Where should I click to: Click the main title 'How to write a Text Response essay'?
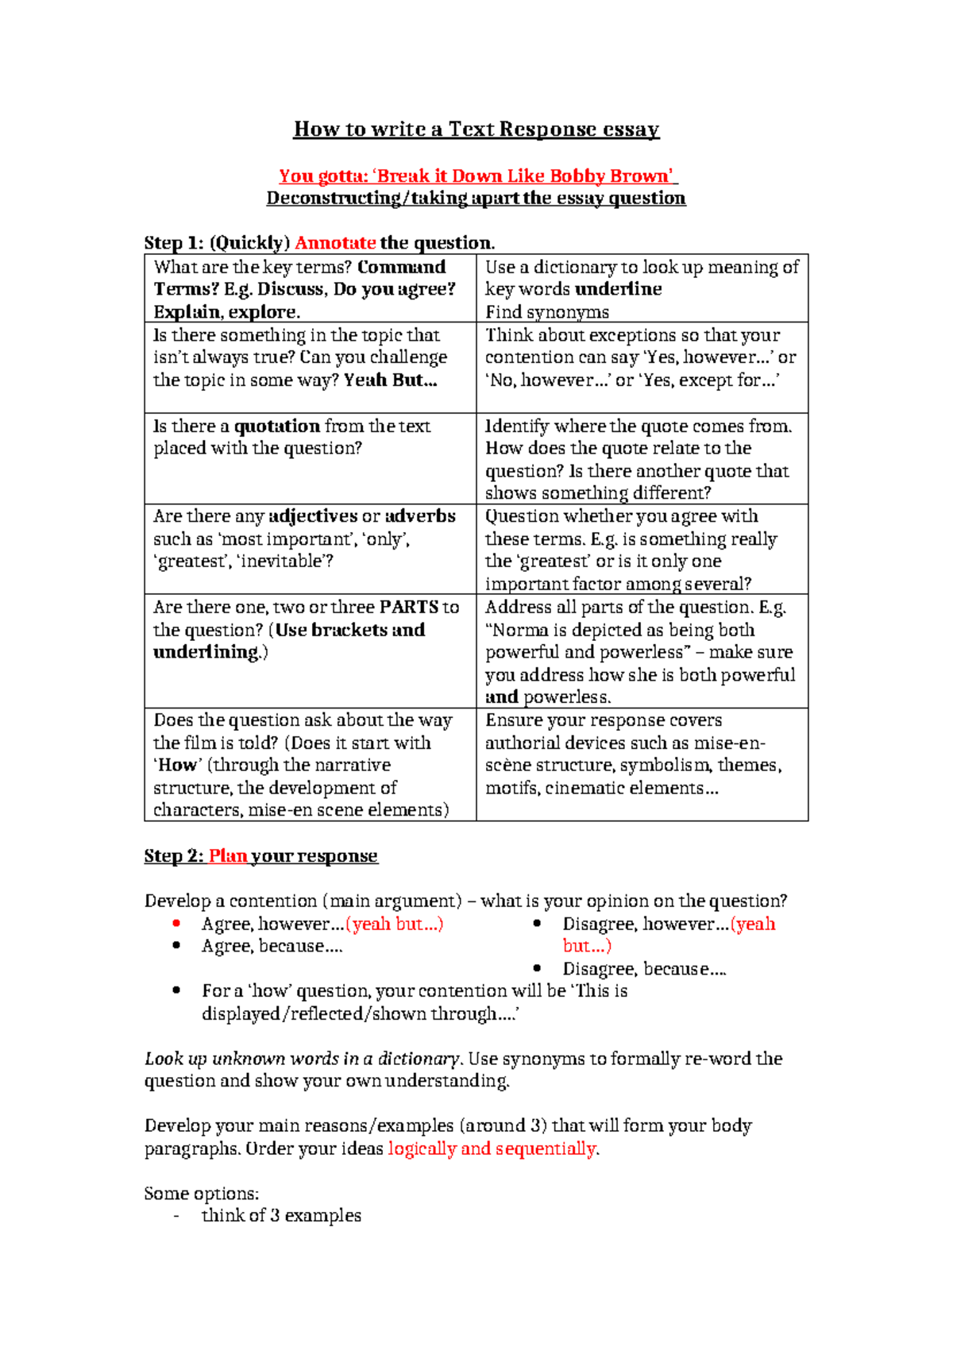[x=476, y=129]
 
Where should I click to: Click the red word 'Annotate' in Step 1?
[x=335, y=243]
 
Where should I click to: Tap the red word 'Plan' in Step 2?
[x=228, y=856]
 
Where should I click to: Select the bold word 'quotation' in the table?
[x=276, y=426]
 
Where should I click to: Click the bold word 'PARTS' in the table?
[x=408, y=608]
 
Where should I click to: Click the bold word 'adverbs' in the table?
[x=420, y=516]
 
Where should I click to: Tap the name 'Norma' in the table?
[x=520, y=631]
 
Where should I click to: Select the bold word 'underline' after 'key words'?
[x=618, y=289]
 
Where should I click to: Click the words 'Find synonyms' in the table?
[x=547, y=312]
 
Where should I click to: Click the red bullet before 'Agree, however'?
[x=176, y=924]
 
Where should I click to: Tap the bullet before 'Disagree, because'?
[x=538, y=969]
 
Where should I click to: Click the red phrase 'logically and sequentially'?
[x=492, y=1149]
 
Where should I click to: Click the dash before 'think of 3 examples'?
[x=176, y=1216]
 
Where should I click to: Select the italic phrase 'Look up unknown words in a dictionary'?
[x=302, y=1059]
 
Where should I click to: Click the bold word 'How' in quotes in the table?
[x=177, y=766]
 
